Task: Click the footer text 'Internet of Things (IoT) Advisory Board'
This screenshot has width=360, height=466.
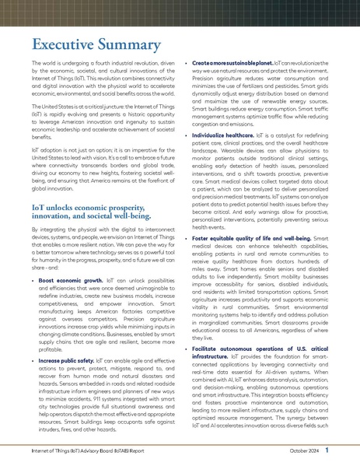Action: (x=81, y=450)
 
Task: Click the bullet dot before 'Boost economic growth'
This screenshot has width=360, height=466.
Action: (x=32, y=279)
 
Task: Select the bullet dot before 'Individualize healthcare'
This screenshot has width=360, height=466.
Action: (x=184, y=135)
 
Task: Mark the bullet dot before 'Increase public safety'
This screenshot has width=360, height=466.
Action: (x=32, y=340)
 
